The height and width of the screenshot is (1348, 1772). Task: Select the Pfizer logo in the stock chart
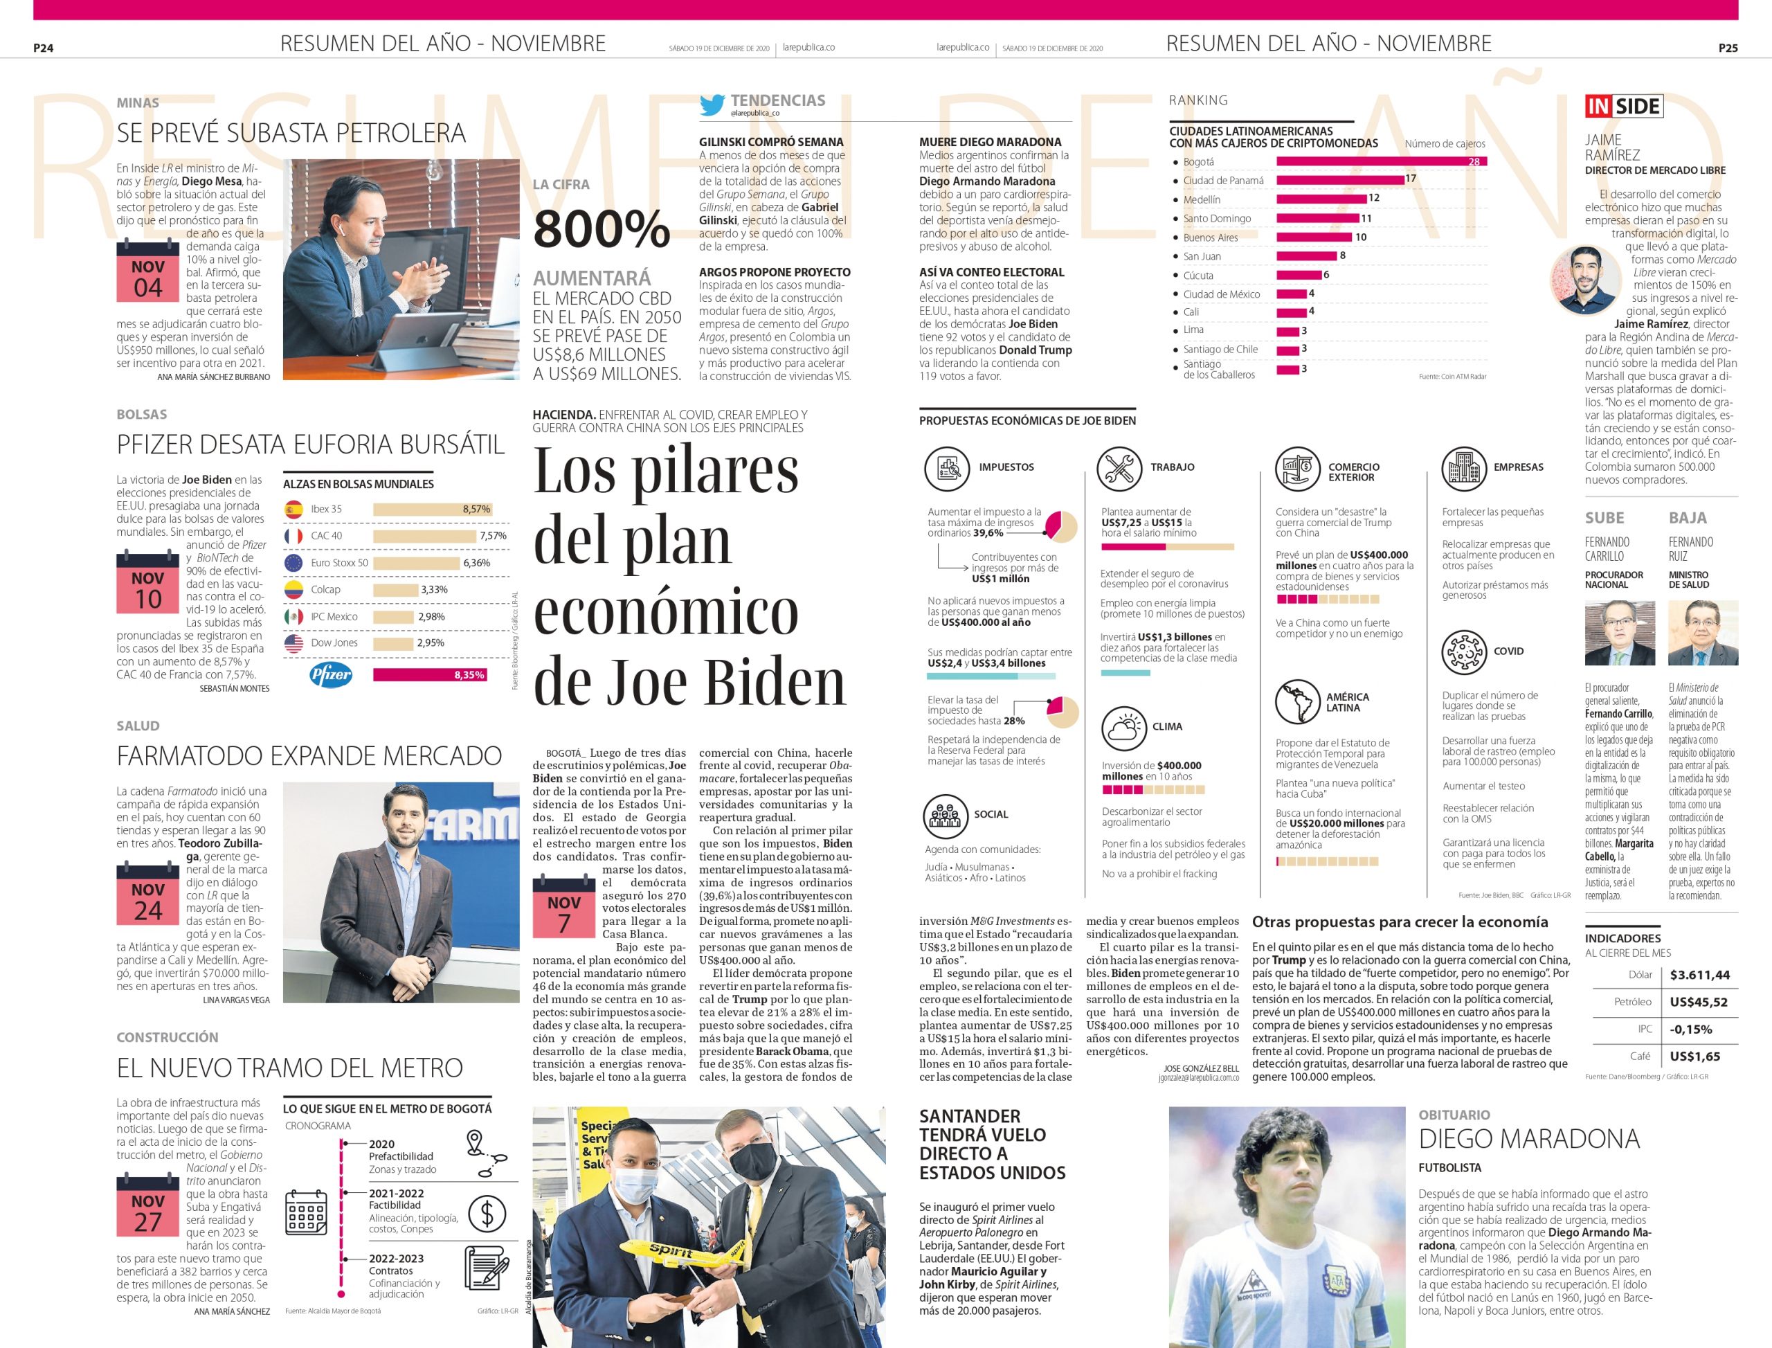[x=330, y=675]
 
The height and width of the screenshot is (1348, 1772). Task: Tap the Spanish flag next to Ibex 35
[x=293, y=509]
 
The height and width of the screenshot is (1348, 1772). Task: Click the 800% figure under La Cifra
[x=601, y=228]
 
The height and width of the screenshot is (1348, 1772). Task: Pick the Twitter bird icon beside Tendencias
[x=712, y=105]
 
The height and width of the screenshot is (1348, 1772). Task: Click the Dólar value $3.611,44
[x=1699, y=975]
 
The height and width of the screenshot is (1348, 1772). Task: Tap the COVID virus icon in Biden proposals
[x=1463, y=651]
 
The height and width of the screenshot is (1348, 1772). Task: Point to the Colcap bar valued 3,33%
[x=394, y=590]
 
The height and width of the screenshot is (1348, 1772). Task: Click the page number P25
[x=1728, y=48]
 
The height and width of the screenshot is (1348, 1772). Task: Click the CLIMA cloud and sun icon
[x=1122, y=727]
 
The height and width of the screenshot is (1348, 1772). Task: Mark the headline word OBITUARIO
[x=1454, y=1115]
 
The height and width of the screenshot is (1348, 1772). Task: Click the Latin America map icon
[x=1298, y=701]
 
